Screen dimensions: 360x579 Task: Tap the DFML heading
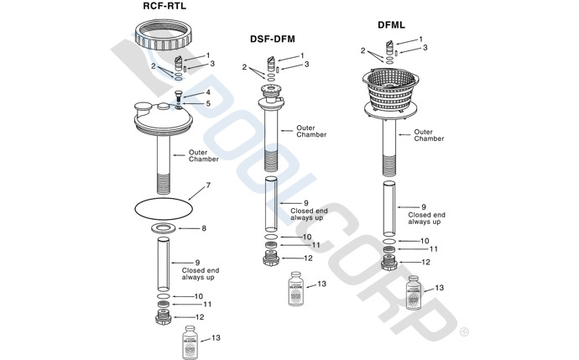click(x=390, y=26)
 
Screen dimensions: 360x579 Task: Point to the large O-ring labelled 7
click(x=168, y=203)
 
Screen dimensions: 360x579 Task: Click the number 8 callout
click(x=203, y=228)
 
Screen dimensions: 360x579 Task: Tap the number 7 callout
click(x=208, y=185)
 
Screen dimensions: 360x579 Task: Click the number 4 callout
click(x=208, y=92)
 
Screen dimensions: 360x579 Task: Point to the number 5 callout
click(x=208, y=103)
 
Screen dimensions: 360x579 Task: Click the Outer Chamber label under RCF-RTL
click(x=204, y=156)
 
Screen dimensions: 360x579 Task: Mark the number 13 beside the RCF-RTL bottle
click(x=216, y=337)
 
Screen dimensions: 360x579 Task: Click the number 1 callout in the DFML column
click(x=421, y=39)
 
